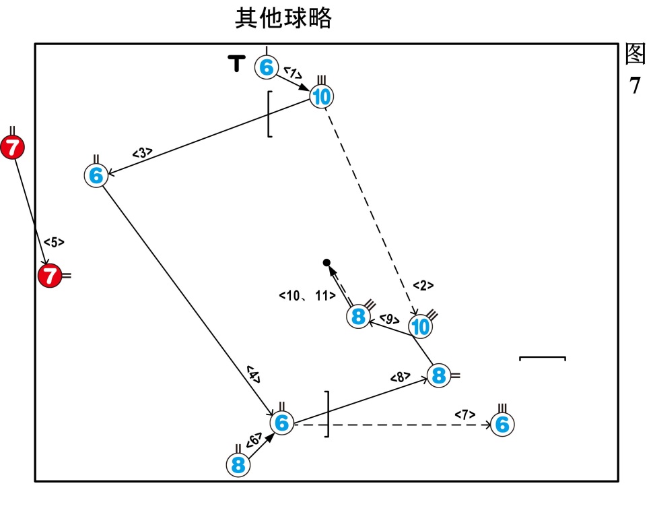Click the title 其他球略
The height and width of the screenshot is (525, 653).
point(283,18)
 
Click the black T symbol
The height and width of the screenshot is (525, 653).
point(236,63)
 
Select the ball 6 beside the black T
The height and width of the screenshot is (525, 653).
point(267,67)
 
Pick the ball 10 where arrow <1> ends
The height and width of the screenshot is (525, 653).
point(322,97)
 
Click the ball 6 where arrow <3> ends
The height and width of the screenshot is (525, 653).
point(96,175)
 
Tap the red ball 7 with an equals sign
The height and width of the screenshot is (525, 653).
point(49,275)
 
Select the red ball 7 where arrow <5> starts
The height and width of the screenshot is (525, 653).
point(12,147)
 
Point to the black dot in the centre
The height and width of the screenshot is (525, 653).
point(326,262)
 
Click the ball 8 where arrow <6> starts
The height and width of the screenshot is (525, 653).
point(238,464)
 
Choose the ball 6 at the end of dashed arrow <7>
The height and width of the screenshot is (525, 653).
point(502,425)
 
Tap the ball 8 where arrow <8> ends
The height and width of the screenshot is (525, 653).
point(439,375)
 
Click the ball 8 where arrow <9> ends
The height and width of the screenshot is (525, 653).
point(359,316)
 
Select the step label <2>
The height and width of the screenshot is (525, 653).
point(423,285)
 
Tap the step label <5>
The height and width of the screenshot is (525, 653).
point(54,242)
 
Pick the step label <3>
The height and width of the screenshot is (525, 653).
point(142,154)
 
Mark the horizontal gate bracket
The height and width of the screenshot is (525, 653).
point(542,358)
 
